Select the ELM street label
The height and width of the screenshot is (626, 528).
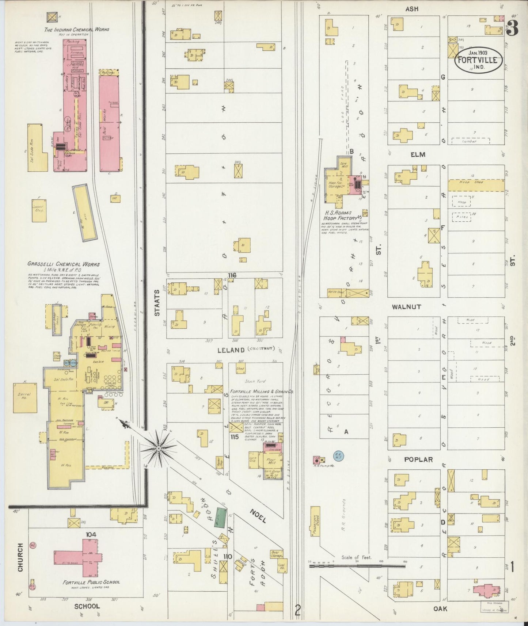[418, 154]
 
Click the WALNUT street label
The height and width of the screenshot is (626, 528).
[406, 307]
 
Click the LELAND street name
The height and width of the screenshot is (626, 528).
[231, 350]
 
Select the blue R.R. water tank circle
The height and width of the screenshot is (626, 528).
[338, 455]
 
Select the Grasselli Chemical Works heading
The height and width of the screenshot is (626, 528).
[63, 264]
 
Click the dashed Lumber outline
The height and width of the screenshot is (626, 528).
[471, 141]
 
